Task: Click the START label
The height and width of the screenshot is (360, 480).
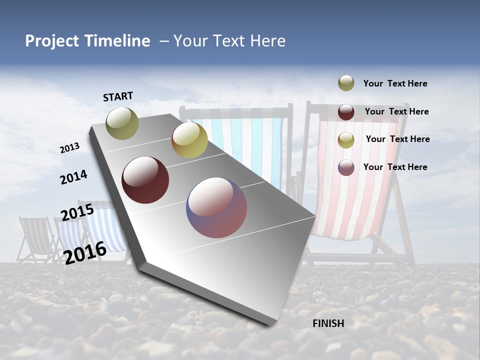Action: coord(118,96)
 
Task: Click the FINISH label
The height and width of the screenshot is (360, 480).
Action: coord(328,323)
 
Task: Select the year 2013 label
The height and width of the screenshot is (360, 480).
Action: coord(70,148)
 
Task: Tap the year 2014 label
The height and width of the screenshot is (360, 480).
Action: coord(73,177)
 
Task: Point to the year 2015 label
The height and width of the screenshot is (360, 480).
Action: coord(77,212)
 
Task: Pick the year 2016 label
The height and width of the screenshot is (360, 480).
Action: coord(85,252)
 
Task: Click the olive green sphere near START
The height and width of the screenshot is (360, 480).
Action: coord(122,123)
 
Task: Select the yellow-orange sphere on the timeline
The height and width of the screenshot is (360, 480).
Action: coord(189,140)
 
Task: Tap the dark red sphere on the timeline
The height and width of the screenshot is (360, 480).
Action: coord(145,180)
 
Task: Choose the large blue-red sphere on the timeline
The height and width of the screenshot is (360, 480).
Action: coord(216,207)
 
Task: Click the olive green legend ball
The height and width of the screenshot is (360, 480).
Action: coord(346,83)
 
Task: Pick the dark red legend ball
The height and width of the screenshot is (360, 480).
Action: coord(346,112)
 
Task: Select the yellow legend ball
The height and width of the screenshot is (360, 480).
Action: coord(346,140)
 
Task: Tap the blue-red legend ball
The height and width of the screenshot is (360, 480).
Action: coord(346,167)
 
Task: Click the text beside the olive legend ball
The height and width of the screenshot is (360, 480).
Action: coord(395,83)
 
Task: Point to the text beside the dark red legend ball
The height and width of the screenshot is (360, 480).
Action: coord(397,111)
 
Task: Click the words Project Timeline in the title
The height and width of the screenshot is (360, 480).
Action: coord(87,41)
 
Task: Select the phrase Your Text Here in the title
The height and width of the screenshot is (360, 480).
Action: coord(229,41)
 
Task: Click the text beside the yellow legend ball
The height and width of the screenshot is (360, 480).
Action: coord(398,139)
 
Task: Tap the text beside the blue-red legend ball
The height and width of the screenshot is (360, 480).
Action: coord(395,167)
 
